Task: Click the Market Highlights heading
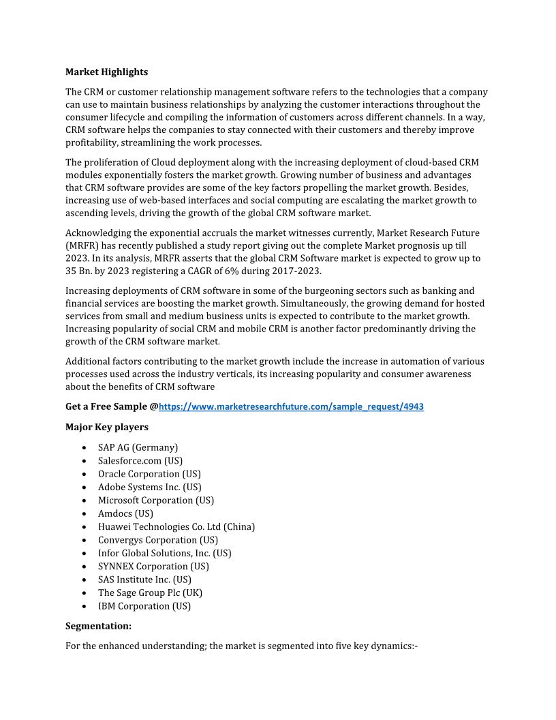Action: [106, 72]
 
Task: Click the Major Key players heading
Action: [106, 427]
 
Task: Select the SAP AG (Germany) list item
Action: [138, 447]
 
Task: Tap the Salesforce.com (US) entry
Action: [140, 460]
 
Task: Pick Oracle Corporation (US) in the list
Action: [149, 474]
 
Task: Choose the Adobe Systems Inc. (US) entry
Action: [149, 487]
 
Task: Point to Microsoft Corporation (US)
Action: [156, 500]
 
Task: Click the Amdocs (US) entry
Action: [125, 513]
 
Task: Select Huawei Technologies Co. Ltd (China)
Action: [176, 526]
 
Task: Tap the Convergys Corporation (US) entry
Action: [158, 540]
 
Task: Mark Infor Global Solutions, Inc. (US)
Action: [164, 553]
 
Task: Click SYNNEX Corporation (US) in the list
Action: [153, 566]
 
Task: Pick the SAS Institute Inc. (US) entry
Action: [144, 580]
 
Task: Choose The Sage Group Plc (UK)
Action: [150, 592]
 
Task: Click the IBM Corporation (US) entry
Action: [144, 606]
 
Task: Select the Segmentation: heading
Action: [98, 625]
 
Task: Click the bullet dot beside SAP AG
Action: [83, 448]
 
